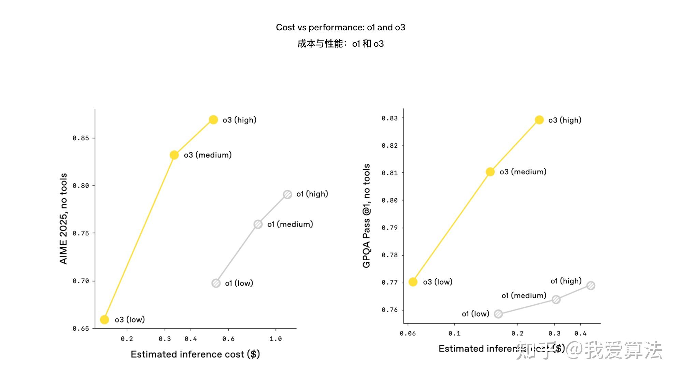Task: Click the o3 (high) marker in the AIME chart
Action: pos(213,120)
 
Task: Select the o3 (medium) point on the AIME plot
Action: pos(174,155)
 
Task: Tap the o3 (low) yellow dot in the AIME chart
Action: pos(104,320)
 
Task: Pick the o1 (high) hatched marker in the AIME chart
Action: pos(287,194)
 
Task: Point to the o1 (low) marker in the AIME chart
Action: pos(216,283)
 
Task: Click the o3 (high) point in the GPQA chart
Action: pos(539,120)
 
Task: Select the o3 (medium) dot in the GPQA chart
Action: pos(490,172)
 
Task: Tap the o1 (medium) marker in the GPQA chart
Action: pos(556,300)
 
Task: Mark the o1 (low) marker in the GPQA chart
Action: pos(498,314)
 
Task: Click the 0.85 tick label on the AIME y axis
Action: pos(81,138)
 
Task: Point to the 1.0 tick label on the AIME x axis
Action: pos(275,339)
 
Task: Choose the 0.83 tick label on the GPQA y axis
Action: pos(389,118)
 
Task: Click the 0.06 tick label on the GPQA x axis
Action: pos(408,333)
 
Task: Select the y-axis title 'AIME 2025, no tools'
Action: pos(63,219)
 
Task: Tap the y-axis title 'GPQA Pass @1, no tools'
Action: pos(366,216)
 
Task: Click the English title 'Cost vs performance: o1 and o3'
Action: pos(340,27)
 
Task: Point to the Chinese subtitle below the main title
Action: pos(340,44)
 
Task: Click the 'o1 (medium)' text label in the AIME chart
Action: pos(290,224)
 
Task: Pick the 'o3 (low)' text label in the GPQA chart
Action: pos(437,282)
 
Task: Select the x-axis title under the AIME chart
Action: pos(195,354)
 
